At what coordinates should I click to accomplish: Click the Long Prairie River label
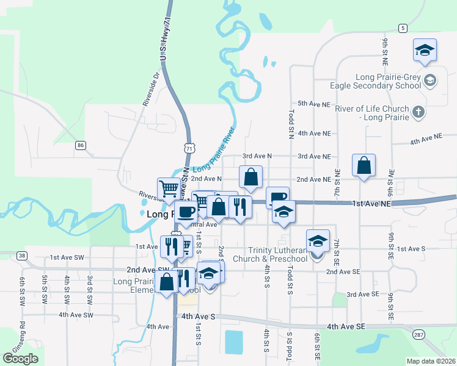pyautogui.click(x=214, y=150)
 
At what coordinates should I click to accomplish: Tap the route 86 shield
pyautogui.click(x=80, y=145)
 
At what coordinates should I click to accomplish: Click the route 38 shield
pyautogui.click(x=23, y=256)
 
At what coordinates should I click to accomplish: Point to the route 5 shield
pyautogui.click(x=402, y=28)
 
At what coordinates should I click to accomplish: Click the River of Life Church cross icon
pyautogui.click(x=418, y=112)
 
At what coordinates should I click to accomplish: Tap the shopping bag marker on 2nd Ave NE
pyautogui.click(x=364, y=166)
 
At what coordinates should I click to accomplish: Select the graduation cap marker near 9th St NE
pyautogui.click(x=424, y=50)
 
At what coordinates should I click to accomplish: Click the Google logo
pyautogui.click(x=20, y=358)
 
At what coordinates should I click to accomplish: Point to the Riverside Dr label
pyautogui.click(x=151, y=90)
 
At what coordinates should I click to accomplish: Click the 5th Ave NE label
pyautogui.click(x=314, y=104)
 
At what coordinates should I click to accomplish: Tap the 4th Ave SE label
pyautogui.click(x=346, y=327)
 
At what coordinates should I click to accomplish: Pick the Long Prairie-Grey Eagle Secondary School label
pyautogui.click(x=379, y=81)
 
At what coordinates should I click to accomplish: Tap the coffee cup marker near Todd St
pyautogui.click(x=277, y=196)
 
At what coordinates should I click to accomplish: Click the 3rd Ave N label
pyautogui.click(x=257, y=157)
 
